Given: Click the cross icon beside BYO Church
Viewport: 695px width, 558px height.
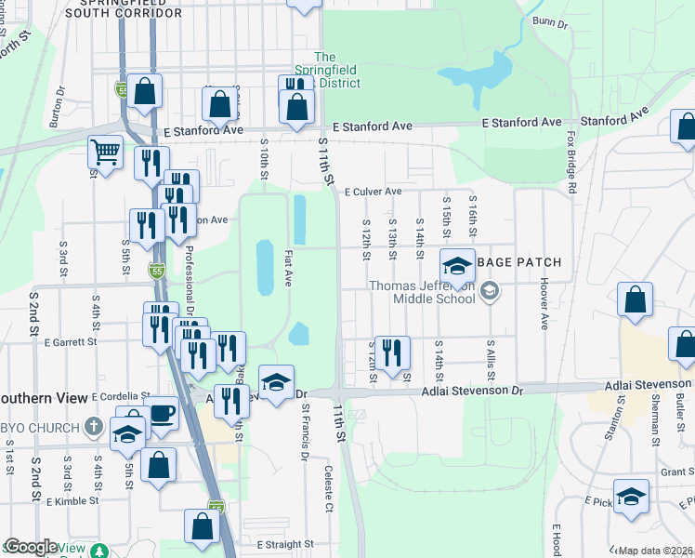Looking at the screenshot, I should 92,427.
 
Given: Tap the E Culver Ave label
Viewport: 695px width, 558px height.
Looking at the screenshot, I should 373,192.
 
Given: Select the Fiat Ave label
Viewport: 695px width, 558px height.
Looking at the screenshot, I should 288,267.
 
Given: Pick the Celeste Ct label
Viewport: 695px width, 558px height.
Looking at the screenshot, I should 328,489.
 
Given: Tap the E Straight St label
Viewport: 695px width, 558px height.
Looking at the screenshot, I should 285,544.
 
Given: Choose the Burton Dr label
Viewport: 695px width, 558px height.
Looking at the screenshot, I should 56,113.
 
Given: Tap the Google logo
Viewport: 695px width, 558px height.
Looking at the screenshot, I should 31,547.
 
